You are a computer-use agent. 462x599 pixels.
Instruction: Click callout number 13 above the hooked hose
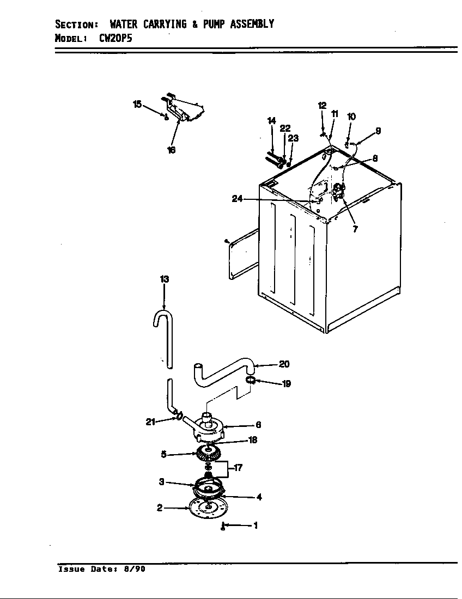tap(164, 279)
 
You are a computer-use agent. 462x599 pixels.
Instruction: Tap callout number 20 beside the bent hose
tap(284, 364)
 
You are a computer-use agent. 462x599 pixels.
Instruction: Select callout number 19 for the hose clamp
tap(286, 384)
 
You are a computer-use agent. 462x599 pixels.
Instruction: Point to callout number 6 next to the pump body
tap(258, 425)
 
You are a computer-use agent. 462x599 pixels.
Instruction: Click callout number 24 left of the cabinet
tap(236, 199)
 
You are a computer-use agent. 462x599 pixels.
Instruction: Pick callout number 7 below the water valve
tap(355, 229)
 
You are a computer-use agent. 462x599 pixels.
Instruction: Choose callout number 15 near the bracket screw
tap(137, 103)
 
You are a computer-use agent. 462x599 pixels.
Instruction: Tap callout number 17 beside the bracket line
tap(238, 468)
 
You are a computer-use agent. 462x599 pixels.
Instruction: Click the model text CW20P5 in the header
tap(115, 39)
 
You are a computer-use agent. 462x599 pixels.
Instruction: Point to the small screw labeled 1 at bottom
tap(223, 526)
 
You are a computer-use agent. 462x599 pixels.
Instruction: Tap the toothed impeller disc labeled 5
tap(206, 453)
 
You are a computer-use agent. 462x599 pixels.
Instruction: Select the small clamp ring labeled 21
tap(178, 417)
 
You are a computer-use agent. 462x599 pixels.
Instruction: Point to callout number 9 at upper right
tap(378, 131)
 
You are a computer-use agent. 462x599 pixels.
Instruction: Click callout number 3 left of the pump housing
tap(161, 481)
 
